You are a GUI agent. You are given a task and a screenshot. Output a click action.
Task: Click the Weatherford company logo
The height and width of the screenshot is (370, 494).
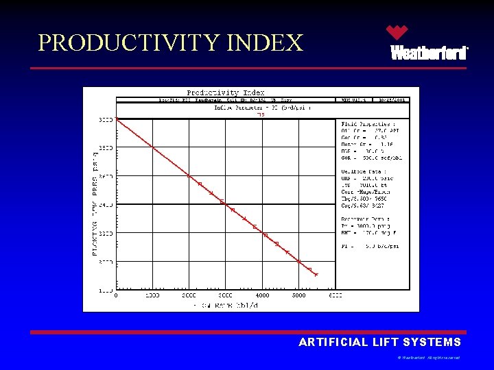(x=429, y=43)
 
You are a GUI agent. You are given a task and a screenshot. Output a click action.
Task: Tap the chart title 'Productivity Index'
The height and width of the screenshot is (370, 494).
(x=226, y=92)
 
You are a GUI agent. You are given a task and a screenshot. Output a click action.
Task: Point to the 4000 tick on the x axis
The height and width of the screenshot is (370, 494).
(x=262, y=296)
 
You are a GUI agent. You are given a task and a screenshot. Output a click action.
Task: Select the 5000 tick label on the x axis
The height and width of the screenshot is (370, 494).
(x=299, y=296)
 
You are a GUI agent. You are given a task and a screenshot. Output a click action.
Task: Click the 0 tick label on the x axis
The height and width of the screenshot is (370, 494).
(x=116, y=296)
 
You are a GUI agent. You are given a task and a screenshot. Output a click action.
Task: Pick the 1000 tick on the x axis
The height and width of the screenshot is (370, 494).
(x=152, y=296)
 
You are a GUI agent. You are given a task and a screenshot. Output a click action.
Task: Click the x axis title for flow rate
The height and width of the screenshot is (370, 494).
(x=225, y=304)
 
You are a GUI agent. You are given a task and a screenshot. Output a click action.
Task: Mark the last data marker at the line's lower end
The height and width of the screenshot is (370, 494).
(x=316, y=275)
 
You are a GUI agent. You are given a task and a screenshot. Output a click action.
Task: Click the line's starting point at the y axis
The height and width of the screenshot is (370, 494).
(x=117, y=120)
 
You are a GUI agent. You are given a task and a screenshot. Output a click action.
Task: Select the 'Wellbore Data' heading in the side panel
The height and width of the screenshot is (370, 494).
(x=364, y=171)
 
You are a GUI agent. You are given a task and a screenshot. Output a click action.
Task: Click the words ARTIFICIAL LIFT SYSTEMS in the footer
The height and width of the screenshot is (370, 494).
(x=379, y=342)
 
